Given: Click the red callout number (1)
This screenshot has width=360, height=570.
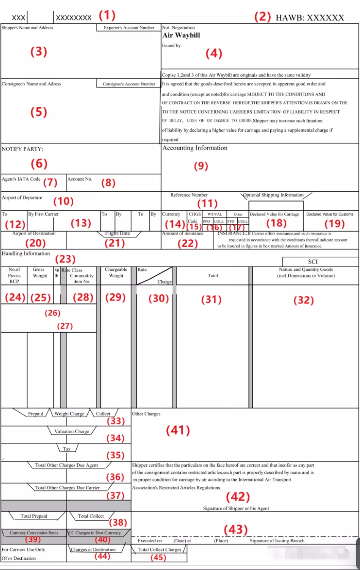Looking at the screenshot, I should (x=107, y=15).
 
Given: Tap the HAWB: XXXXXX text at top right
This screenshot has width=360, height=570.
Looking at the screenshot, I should (x=310, y=17).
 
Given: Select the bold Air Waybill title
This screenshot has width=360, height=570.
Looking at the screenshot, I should (x=181, y=35).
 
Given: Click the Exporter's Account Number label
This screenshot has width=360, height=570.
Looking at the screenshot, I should (x=129, y=28).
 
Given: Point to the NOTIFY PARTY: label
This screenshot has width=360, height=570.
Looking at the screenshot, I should (x=22, y=149).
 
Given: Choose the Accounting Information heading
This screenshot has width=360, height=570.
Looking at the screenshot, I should (x=195, y=148).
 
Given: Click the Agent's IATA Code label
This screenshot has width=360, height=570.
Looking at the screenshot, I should (x=21, y=179).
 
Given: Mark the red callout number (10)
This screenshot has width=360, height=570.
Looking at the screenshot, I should (x=63, y=201).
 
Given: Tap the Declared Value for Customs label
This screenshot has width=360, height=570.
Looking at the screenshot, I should (x=330, y=214).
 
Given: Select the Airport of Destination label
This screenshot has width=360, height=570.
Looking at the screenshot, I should (x=34, y=234).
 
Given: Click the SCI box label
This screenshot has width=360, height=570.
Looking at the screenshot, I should (x=312, y=262).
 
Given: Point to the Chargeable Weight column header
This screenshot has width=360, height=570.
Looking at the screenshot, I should (x=116, y=272).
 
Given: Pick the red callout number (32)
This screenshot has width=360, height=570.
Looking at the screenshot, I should (x=304, y=300).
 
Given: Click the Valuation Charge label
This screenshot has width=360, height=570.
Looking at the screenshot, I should (x=72, y=431).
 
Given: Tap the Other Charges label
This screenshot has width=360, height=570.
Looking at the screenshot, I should (x=146, y=414).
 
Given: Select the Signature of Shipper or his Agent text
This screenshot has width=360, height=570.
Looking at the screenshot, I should (x=236, y=508).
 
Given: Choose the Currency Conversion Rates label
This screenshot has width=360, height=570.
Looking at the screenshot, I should (x=34, y=533).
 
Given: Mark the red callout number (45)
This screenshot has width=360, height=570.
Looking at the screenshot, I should (x=158, y=557).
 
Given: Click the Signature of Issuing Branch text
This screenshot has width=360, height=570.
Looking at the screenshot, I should (x=277, y=540).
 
